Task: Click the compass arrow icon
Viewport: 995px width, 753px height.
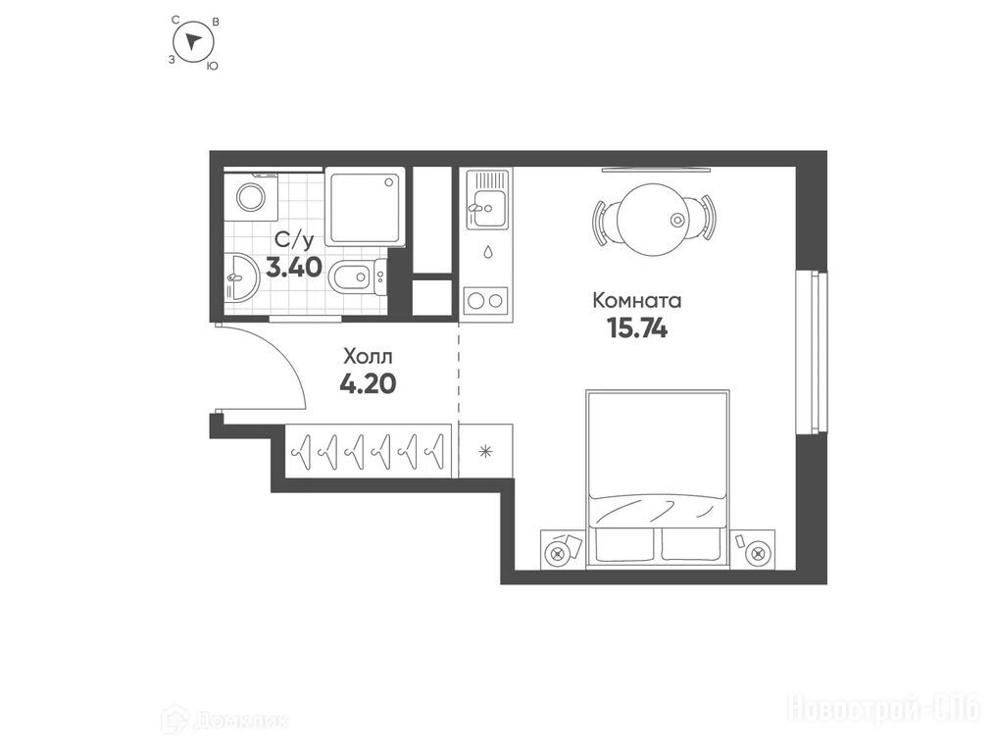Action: [x=194, y=42]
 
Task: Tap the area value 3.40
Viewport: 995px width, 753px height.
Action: [x=294, y=268]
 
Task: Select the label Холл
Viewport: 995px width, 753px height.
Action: [x=368, y=356]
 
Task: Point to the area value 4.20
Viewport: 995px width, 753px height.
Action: [x=368, y=383]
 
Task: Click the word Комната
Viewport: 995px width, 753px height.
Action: [x=636, y=300]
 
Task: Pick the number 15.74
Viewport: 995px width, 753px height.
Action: [x=637, y=327]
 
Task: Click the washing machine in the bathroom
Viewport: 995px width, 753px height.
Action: [x=251, y=197]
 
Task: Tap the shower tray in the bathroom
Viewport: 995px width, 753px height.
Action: [x=365, y=206]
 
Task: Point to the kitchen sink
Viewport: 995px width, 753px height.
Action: [x=487, y=209]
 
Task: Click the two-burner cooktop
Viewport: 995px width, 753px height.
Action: [x=486, y=300]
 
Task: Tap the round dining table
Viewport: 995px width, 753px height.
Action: [x=654, y=220]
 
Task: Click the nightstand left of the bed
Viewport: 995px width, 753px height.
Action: [x=564, y=548]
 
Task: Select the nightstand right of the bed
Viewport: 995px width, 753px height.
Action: [x=752, y=548]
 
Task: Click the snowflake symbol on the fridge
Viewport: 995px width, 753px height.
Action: [x=485, y=451]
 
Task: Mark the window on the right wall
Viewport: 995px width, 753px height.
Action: [x=812, y=353]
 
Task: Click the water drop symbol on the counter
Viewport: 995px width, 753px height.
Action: [x=487, y=252]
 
